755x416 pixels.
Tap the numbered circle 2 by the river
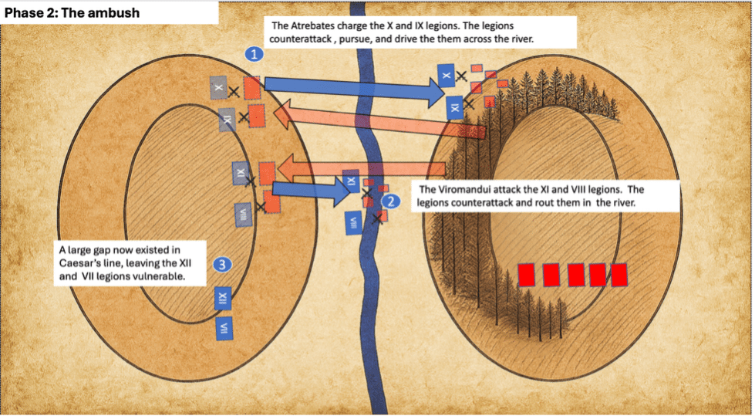point(391,201)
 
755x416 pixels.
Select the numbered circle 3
point(222,265)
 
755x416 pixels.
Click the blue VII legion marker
point(226,330)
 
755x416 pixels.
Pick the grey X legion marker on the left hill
point(219,89)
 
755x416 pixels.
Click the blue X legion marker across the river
point(446,74)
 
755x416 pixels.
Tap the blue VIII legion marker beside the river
point(353,222)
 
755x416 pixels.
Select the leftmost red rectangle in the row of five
point(527,274)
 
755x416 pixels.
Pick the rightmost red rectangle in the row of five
point(618,274)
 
